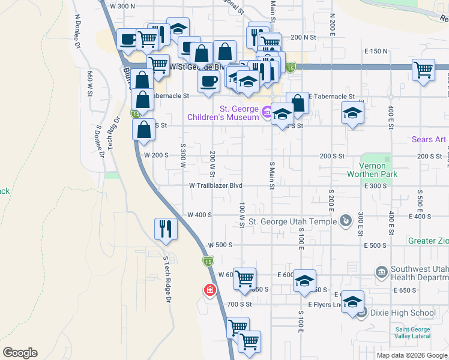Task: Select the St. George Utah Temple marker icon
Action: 346,221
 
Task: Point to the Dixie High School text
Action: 403,313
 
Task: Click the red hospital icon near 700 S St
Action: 209,290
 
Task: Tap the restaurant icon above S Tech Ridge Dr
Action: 165,229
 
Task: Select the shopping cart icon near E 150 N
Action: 423,70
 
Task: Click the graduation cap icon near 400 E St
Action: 352,112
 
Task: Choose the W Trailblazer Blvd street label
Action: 215,186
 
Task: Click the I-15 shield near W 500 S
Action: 207,261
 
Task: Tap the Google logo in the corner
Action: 20,353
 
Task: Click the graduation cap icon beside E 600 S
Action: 305,282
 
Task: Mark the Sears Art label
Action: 429,139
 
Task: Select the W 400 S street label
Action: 199,215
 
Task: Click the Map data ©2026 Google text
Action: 412,355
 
